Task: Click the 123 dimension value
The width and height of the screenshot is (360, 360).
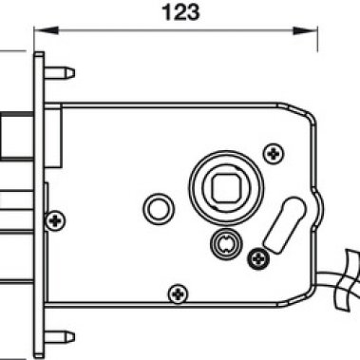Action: [180, 12]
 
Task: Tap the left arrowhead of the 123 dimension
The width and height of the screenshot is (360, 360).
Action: [47, 30]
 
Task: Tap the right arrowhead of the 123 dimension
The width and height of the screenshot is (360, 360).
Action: [305, 30]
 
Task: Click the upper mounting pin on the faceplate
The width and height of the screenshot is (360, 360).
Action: [60, 73]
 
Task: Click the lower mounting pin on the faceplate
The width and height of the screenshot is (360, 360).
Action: [60, 337]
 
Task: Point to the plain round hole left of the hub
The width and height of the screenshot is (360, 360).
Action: [159, 209]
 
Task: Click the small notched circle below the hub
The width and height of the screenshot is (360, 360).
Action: [226, 244]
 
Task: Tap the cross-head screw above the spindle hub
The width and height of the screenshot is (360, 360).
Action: [274, 154]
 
